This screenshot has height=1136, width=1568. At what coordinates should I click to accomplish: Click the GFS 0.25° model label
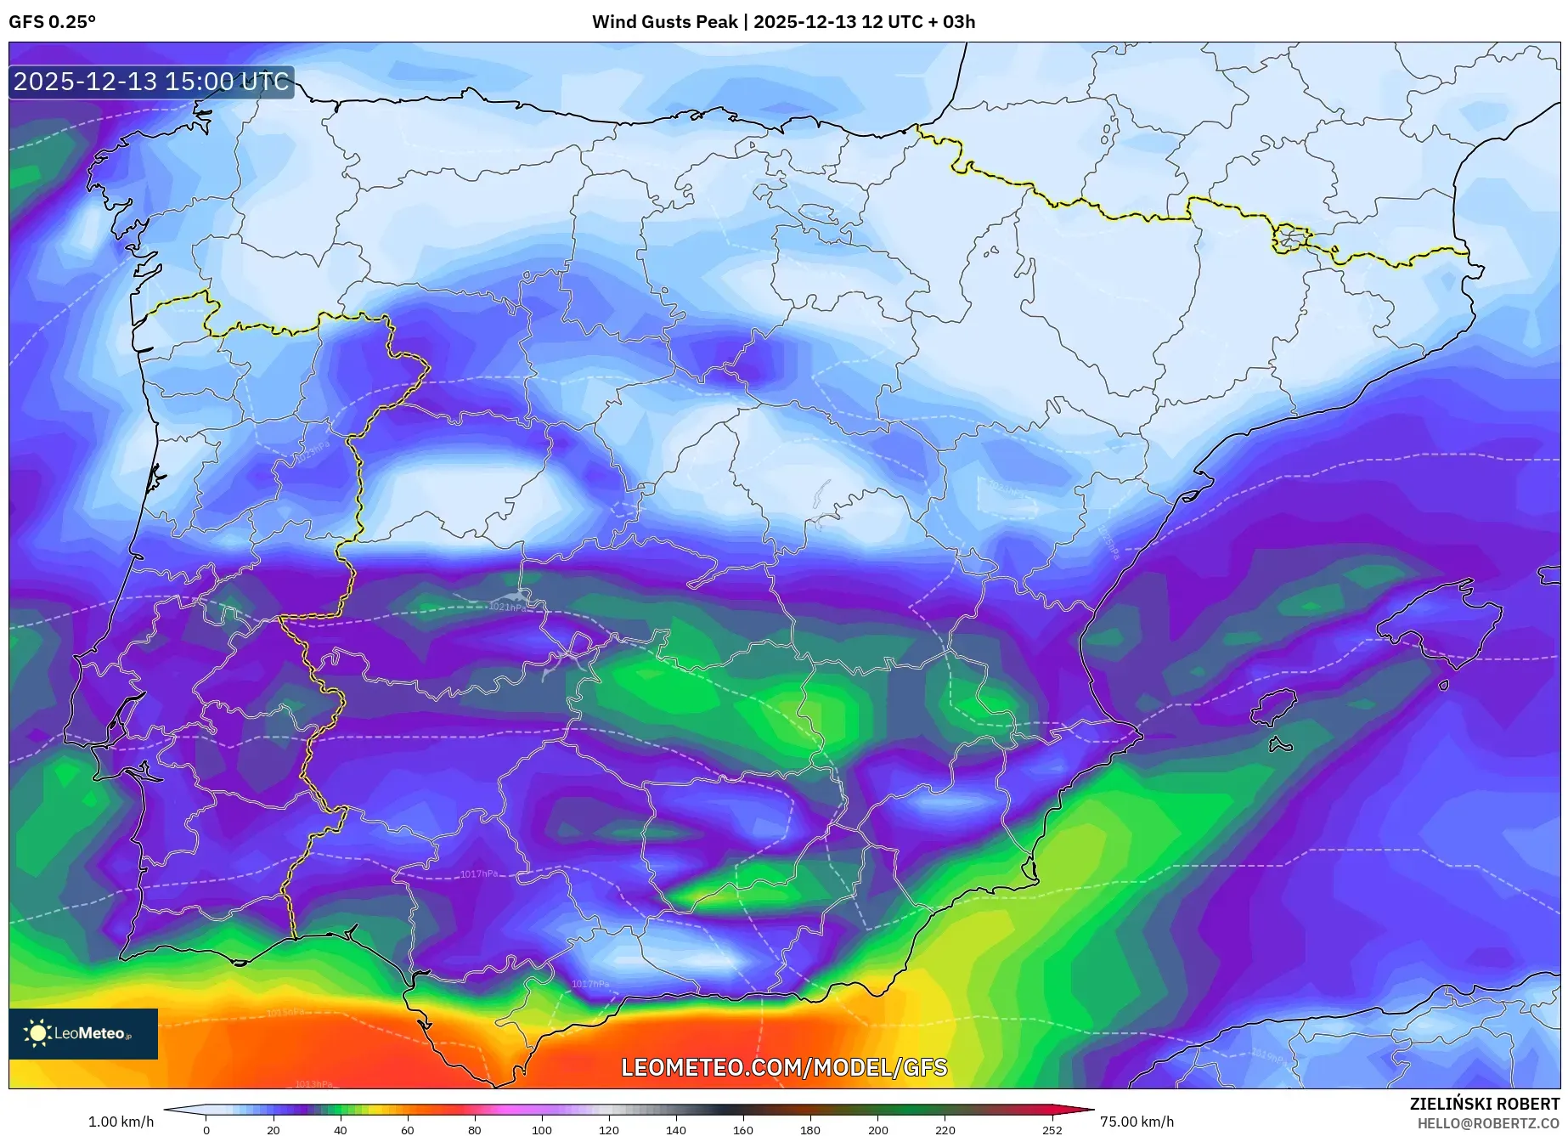point(52,22)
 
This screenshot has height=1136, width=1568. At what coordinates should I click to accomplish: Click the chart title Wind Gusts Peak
point(664,22)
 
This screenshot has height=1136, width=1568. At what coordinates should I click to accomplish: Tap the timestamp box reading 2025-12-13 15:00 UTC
point(151,82)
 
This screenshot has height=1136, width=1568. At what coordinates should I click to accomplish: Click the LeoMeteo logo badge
point(83,1033)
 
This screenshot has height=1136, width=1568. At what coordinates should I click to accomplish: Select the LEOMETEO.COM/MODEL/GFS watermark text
point(783,1067)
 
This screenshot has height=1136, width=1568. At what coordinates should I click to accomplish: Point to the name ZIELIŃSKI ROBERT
point(1484,1104)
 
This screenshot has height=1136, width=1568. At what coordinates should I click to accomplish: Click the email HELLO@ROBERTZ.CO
point(1487,1123)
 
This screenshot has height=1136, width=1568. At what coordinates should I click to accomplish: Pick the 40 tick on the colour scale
point(340,1130)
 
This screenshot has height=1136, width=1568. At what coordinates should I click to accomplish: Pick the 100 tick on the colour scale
point(541,1130)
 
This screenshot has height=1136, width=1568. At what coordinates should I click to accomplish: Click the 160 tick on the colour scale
point(743,1130)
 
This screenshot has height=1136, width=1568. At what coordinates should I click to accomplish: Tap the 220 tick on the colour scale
point(945,1130)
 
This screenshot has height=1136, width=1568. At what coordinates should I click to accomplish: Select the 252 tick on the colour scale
point(1052,1130)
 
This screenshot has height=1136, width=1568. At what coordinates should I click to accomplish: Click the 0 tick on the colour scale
point(206,1130)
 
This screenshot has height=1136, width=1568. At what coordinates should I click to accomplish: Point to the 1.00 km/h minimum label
point(121,1122)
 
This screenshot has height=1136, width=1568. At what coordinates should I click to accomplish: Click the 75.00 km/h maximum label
point(1137,1122)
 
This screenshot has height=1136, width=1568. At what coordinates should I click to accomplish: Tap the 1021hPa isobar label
point(507,607)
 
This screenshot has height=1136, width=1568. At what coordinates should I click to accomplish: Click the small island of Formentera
point(1280,746)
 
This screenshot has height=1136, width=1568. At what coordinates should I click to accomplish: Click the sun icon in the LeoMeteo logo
point(37,1033)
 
